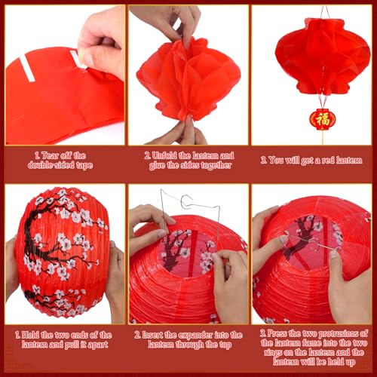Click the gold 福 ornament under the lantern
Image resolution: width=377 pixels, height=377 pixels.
tap(322, 119)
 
